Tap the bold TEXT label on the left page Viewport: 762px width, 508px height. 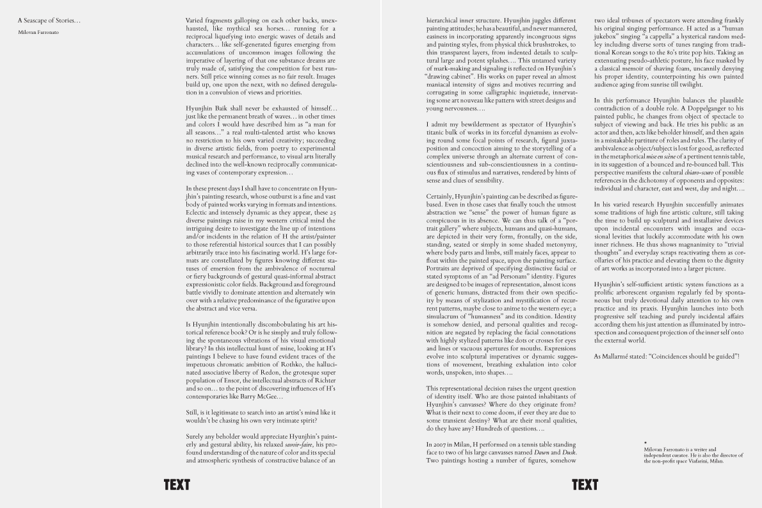(x=177, y=485)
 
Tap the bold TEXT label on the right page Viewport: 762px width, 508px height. (x=585, y=485)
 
